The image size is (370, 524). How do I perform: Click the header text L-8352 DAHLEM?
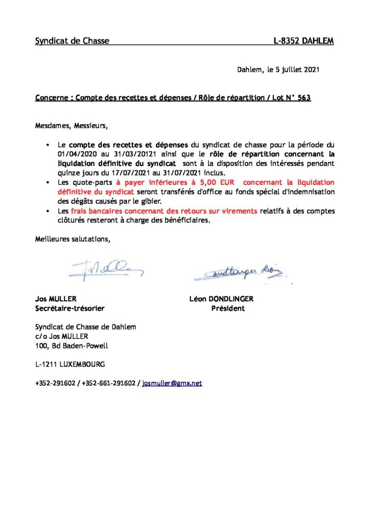[304, 41]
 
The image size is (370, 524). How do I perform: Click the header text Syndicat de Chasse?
[72, 41]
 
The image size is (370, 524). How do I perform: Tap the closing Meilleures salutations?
[72, 239]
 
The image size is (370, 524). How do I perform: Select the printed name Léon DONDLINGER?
[221, 299]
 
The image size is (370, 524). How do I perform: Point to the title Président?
[228, 309]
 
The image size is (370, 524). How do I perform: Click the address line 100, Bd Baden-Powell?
[72, 346]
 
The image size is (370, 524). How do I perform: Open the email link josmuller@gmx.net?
[172, 383]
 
